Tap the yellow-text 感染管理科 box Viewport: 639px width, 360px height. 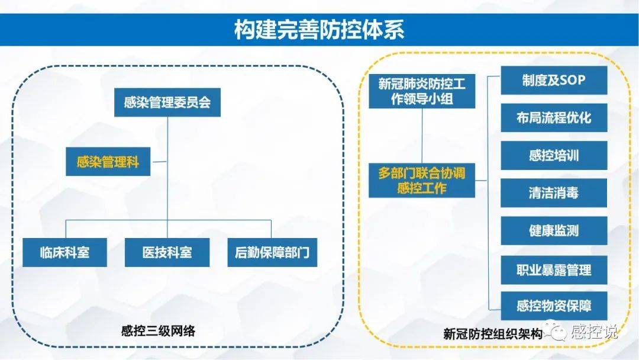[x=108, y=162]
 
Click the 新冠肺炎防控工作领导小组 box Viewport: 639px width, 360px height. [x=422, y=92]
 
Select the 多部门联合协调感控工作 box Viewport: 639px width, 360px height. [x=422, y=181]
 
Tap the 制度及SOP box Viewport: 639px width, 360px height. [x=554, y=80]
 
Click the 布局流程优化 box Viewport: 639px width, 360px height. [x=554, y=117]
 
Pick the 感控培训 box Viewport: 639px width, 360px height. [x=554, y=155]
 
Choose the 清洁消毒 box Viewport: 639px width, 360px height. [x=554, y=193]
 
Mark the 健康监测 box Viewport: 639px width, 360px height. [x=554, y=231]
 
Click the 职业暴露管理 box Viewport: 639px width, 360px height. [x=554, y=270]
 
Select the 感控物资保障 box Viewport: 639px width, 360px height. [x=554, y=306]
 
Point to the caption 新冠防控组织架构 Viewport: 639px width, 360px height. [x=492, y=334]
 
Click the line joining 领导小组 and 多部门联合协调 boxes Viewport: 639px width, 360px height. [x=422, y=136]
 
